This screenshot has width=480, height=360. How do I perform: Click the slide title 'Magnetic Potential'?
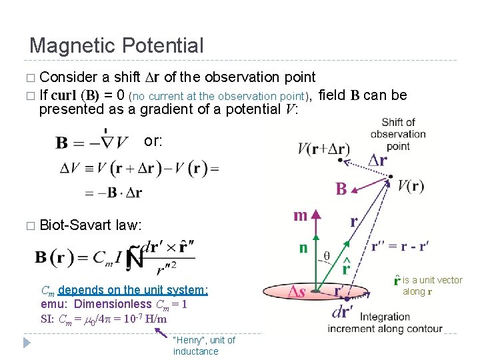click(x=117, y=46)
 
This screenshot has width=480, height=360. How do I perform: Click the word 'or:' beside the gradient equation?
click(x=153, y=142)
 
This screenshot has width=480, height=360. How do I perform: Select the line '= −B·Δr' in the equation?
click(x=113, y=193)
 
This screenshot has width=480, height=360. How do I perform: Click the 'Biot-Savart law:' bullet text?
click(x=91, y=225)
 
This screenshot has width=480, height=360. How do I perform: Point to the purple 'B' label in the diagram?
click(x=341, y=189)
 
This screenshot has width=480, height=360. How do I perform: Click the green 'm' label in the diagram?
click(x=301, y=216)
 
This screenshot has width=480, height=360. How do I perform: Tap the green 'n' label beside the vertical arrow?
click(x=303, y=248)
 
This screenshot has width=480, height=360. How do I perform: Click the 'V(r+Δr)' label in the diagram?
click(x=322, y=148)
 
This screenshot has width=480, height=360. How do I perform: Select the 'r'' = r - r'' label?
click(x=399, y=246)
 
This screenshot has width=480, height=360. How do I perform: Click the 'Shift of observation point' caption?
click(x=398, y=134)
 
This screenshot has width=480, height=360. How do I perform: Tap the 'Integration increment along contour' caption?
click(x=385, y=323)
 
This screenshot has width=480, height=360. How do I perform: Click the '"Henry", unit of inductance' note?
click(x=203, y=345)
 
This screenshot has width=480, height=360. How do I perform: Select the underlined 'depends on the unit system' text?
click(x=133, y=290)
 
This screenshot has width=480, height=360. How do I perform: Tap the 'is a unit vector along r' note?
click(x=431, y=286)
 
